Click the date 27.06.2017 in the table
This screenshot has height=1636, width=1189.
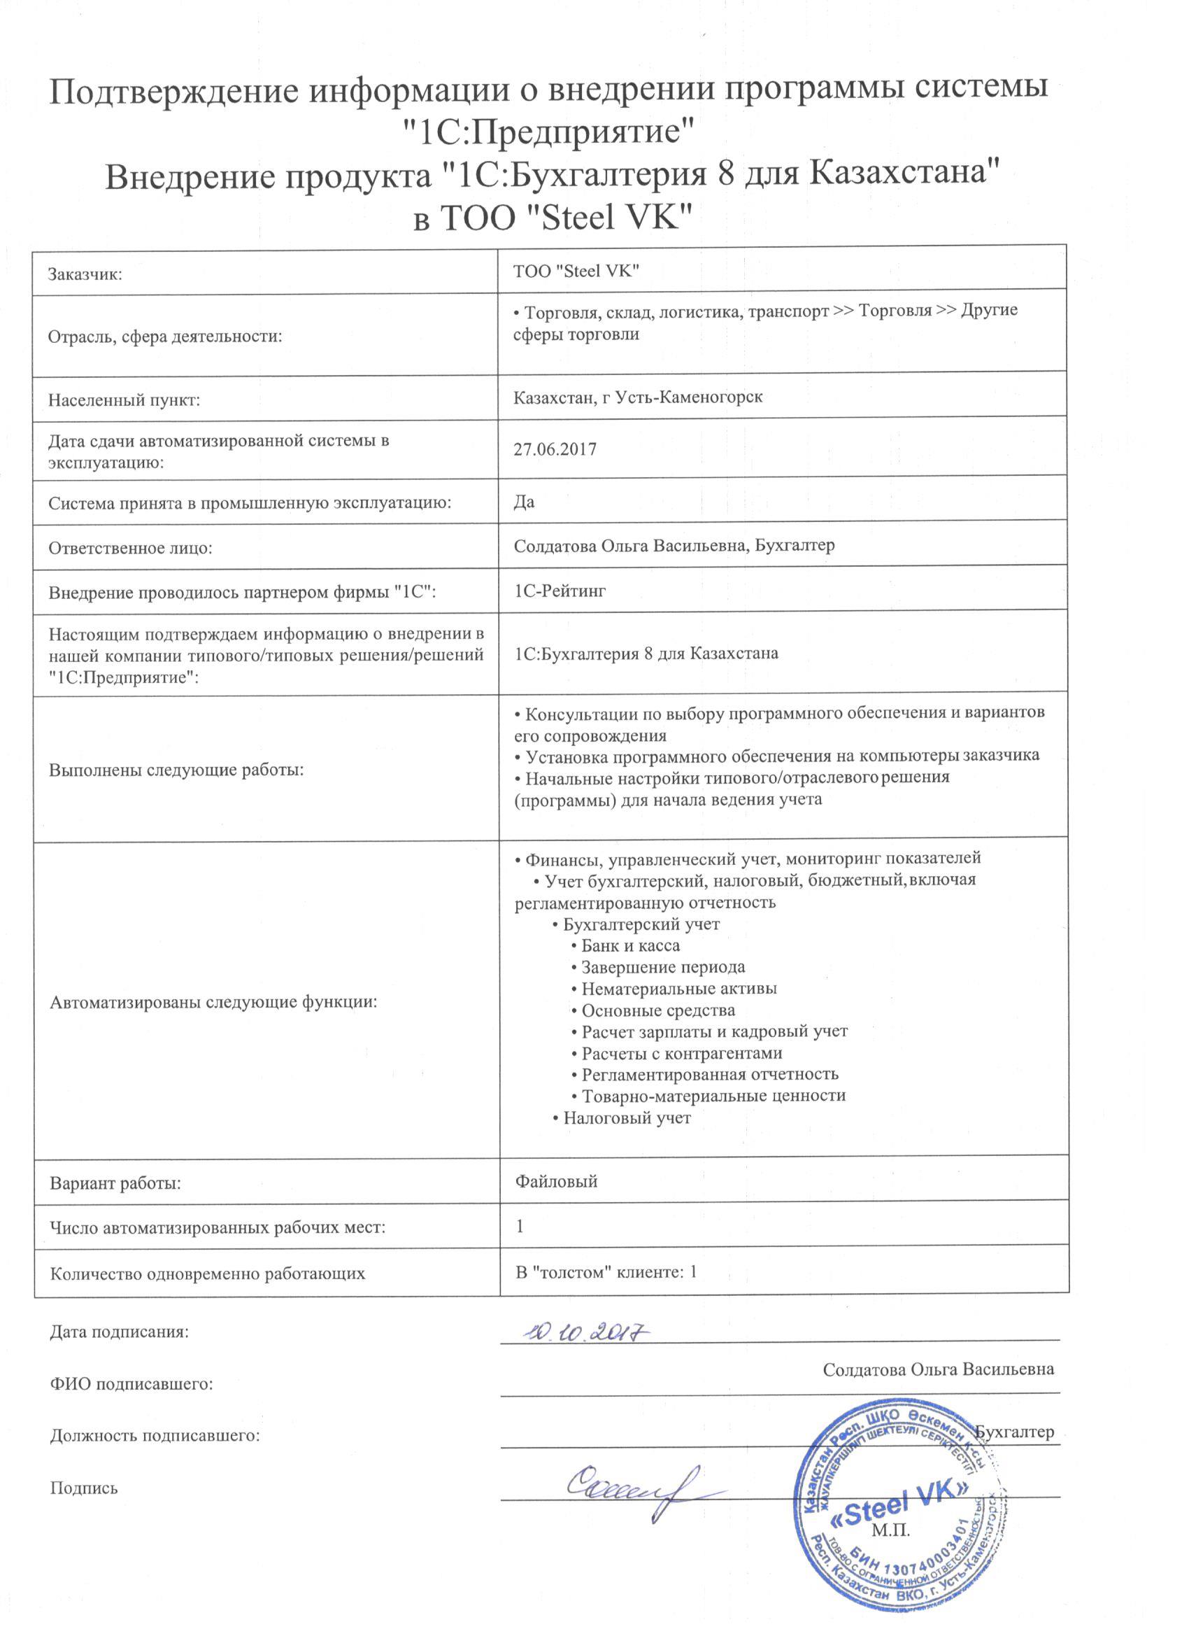[x=555, y=449]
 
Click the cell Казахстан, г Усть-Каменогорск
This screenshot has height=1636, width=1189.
[x=638, y=397]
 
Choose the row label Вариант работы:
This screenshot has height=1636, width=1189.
[x=115, y=1184]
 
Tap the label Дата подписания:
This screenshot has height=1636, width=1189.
[x=119, y=1332]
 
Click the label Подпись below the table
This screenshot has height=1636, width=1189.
[x=84, y=1488]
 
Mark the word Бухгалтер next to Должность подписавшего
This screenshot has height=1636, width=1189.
[x=1013, y=1432]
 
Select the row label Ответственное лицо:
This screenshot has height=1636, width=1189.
[x=131, y=548]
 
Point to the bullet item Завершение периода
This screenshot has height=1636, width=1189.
[x=662, y=967]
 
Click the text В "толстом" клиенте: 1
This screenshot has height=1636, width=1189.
[x=606, y=1271]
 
